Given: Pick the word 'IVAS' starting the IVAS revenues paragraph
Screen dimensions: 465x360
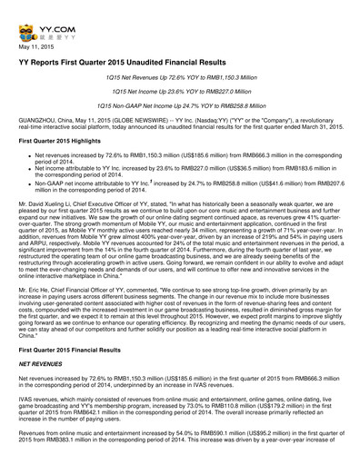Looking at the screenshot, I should pyautogui.click(x=28, y=422).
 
